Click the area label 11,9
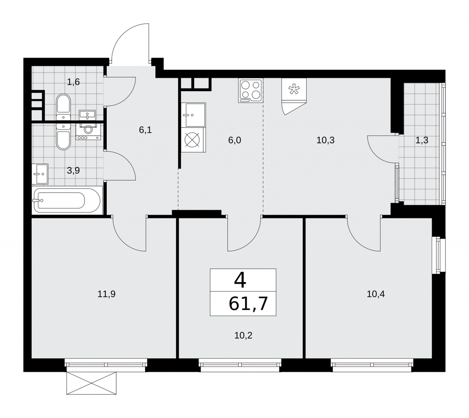pos(107,294)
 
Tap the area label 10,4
pos(376,294)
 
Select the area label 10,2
pos(243,336)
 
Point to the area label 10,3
pos(325,140)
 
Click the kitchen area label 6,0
pos(234,140)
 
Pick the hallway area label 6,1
pos(145,130)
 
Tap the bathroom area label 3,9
pos(73,171)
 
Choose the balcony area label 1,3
pos(422,140)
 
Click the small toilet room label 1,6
pos(73,82)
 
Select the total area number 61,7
pos(248,304)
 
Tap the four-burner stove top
pos(250,91)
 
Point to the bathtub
pos(67,200)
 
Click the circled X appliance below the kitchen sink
pos(194,140)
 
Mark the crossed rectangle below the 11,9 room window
pos(91,383)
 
